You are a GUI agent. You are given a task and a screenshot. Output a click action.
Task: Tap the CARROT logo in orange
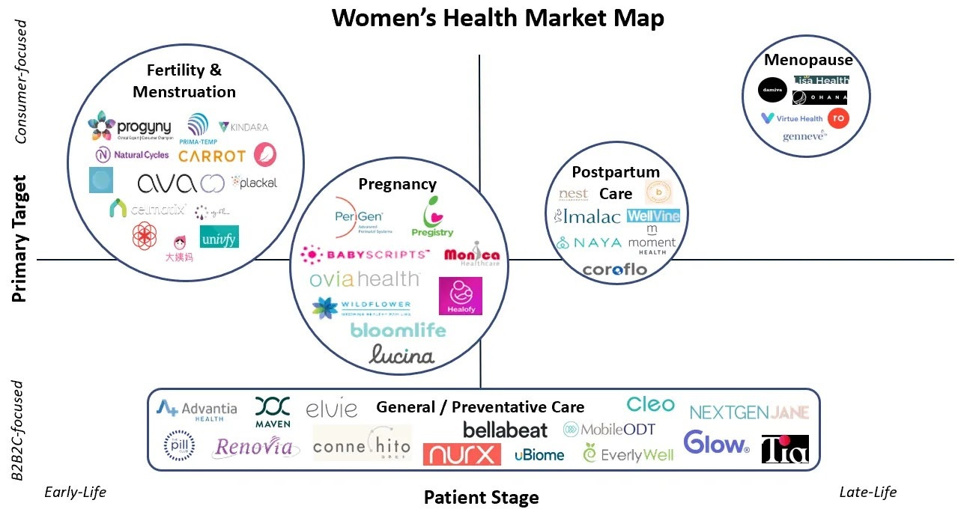tap(212, 156)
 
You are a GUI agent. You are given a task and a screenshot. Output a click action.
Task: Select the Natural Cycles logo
tap(132, 155)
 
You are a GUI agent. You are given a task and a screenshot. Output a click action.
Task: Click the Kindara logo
tap(243, 127)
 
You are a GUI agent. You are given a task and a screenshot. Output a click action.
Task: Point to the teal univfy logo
tap(219, 237)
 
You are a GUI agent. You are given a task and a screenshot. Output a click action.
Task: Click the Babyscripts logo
tap(365, 255)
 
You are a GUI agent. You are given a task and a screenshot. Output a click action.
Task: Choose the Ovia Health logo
tap(365, 279)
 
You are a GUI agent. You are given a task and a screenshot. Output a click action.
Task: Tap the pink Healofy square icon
tap(460, 296)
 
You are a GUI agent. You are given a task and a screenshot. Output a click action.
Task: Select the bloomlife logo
tap(398, 330)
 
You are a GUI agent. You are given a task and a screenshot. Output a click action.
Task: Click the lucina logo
tap(401, 354)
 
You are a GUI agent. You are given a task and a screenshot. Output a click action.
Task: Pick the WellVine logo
tap(653, 216)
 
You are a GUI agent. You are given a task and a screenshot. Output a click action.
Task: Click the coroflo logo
tap(614, 269)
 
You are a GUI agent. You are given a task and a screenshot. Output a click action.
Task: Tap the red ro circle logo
tap(838, 118)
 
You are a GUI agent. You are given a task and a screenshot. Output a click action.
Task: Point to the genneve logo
tap(804, 136)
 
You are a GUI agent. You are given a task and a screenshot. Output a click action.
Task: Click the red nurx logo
tap(461, 454)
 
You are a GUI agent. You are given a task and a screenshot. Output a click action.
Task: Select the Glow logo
tap(716, 442)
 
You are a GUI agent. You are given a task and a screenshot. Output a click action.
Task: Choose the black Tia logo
tap(785, 449)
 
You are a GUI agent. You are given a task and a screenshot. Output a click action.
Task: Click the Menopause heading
tap(808, 61)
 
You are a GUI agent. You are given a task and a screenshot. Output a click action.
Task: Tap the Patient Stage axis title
tap(481, 497)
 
